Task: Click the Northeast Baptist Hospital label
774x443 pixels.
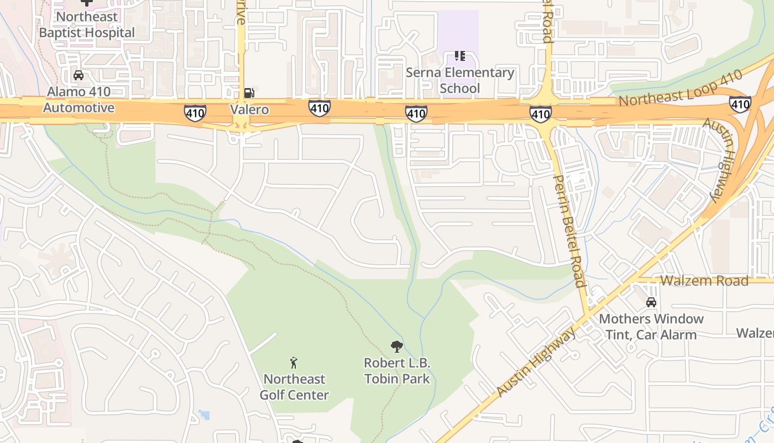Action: click(x=87, y=25)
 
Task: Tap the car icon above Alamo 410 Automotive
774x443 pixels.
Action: click(x=79, y=75)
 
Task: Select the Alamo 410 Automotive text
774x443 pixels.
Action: click(x=79, y=100)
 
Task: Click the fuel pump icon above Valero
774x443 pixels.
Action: click(x=249, y=92)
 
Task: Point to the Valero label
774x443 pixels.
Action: click(x=249, y=110)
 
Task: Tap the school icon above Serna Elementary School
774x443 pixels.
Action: click(x=459, y=55)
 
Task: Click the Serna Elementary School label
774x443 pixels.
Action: click(x=460, y=80)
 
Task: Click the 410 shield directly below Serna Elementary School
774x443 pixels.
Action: click(x=416, y=114)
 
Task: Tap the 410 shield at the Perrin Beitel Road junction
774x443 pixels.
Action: click(x=540, y=114)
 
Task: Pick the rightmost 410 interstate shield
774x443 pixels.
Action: click(x=740, y=104)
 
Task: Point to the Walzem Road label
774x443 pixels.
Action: click(x=704, y=280)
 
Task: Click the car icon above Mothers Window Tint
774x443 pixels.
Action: click(x=651, y=302)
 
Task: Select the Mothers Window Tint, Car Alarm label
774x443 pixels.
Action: click(x=651, y=327)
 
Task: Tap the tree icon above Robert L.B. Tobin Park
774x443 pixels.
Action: click(x=396, y=347)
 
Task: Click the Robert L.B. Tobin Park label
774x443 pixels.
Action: click(x=396, y=371)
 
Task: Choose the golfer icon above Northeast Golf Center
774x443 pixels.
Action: click(x=294, y=363)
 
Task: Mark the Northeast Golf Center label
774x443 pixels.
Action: click(x=294, y=387)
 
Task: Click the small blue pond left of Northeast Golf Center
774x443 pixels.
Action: click(x=205, y=414)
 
